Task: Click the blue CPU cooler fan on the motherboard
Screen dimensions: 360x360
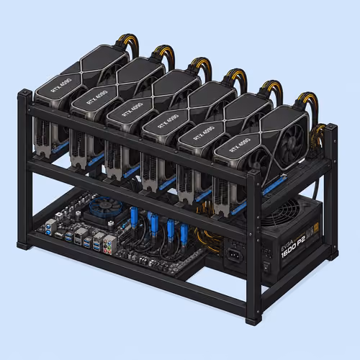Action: pyautogui.click(x=106, y=207)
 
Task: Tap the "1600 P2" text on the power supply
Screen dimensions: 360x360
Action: pyautogui.click(x=293, y=247)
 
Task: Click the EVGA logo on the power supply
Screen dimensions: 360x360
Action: pyautogui.click(x=286, y=244)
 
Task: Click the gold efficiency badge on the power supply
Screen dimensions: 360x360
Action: pyautogui.click(x=316, y=228)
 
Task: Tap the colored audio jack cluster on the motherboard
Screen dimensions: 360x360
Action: pyautogui.click(x=107, y=244)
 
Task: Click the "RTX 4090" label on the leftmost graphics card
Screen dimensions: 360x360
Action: pyautogui.click(x=61, y=85)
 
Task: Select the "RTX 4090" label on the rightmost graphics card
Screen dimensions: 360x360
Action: pyautogui.click(x=240, y=145)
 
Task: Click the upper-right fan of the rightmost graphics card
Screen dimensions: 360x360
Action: pyautogui.click(x=292, y=140)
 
